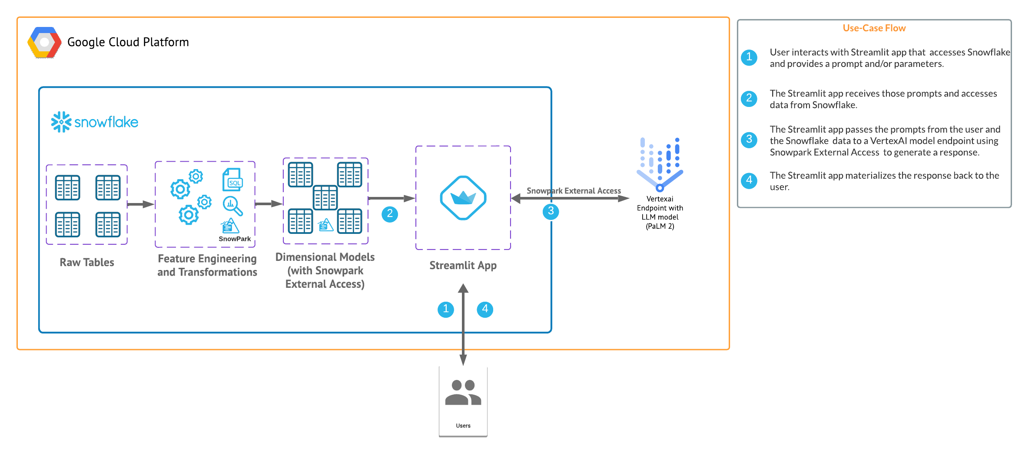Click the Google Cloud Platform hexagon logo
(44, 43)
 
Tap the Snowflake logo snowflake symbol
(61, 122)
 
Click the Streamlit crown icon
(463, 198)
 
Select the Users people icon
(463, 393)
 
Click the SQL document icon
(232, 180)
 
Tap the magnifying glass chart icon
(232, 206)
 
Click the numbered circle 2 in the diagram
(390, 214)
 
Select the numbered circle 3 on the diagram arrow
(551, 212)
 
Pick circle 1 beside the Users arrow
(445, 309)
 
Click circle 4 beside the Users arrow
(485, 309)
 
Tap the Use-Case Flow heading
(874, 28)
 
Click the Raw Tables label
(87, 263)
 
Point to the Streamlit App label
(463, 266)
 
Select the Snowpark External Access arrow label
(574, 191)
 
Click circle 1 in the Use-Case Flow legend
(749, 57)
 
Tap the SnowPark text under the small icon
(235, 239)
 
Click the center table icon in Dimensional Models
(325, 197)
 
